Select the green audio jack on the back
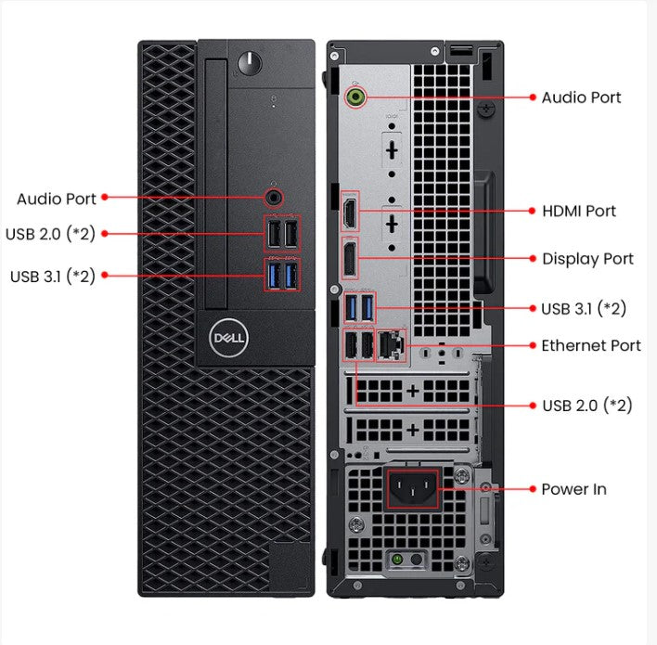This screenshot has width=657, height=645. tap(354, 96)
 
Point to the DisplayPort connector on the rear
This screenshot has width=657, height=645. tap(350, 258)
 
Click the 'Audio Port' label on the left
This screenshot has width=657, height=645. tap(56, 199)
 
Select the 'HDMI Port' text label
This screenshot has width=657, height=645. tap(579, 211)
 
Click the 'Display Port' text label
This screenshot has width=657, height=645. tap(587, 259)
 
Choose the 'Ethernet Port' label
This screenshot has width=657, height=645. tap(591, 345)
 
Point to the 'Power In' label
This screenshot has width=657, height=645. tap(573, 489)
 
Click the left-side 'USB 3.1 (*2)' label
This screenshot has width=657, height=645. tap(52, 276)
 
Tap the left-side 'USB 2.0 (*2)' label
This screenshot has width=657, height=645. tap(50, 233)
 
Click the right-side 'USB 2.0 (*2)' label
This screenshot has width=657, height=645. tap(586, 406)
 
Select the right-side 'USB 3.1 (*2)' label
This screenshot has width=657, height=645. tap(583, 308)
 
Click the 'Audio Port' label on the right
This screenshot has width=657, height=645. tap(581, 97)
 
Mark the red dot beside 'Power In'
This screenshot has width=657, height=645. tap(532, 488)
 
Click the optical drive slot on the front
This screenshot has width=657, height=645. tap(216, 186)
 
